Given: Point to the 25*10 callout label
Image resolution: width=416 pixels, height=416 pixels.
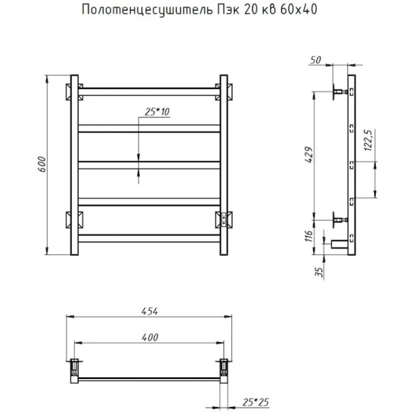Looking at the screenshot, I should point(154,112).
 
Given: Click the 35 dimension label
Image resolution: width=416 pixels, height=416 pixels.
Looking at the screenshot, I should point(320,270).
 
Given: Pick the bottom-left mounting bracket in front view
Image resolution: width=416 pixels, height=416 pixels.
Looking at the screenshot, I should point(73,220).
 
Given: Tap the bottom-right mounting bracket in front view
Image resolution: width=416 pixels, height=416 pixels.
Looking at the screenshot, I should point(225,219).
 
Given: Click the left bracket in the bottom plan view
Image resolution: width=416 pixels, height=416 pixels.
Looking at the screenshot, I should point(75,368).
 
